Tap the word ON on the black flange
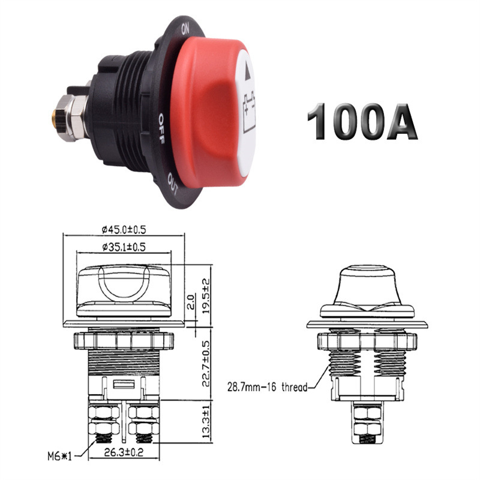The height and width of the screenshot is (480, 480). (185, 28)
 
